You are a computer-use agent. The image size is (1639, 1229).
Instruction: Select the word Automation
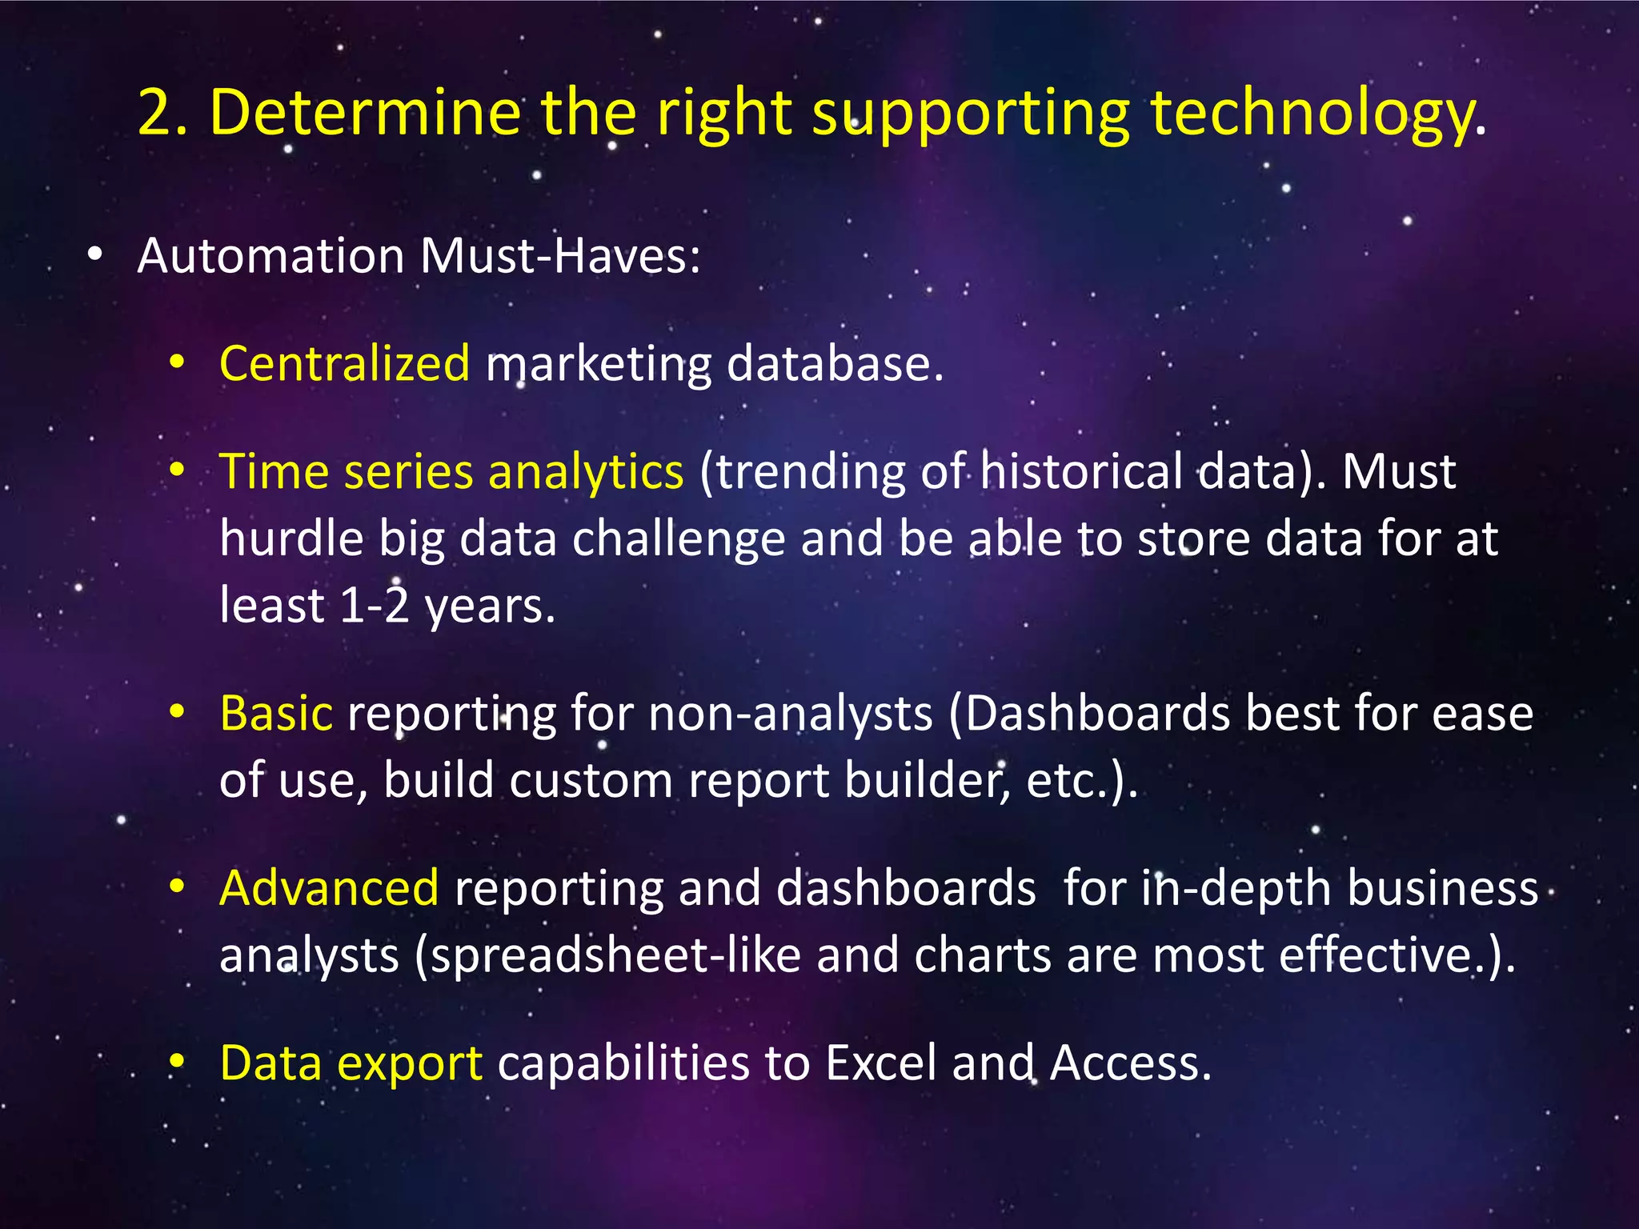(x=270, y=256)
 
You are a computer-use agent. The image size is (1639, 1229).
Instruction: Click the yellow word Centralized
(x=344, y=363)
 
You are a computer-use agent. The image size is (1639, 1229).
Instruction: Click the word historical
(x=1080, y=471)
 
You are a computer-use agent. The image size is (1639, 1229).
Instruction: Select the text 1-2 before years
(x=374, y=606)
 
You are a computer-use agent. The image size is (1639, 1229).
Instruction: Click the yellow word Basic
(x=276, y=713)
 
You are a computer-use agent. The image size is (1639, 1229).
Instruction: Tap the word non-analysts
(x=791, y=713)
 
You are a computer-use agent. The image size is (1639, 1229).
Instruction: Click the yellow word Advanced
(x=329, y=888)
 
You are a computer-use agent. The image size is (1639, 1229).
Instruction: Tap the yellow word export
(x=409, y=1065)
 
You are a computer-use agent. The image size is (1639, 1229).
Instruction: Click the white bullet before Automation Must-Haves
(x=95, y=255)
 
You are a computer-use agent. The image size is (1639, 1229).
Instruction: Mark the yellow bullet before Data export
(x=178, y=1062)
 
